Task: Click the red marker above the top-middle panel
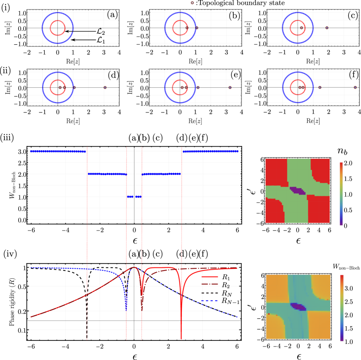click(192, 3)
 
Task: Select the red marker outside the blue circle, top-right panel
click(327, 28)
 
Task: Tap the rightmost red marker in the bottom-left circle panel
click(105, 87)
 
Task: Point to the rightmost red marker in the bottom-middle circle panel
click(230, 87)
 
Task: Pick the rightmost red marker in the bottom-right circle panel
click(355, 87)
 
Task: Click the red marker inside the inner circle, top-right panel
click(301, 28)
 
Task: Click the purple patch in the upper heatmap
click(298, 190)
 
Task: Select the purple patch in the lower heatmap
click(298, 306)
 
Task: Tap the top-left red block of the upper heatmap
click(276, 172)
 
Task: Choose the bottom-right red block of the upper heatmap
click(318, 209)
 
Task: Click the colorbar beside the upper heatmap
click(341, 194)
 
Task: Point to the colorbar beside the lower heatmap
click(342, 307)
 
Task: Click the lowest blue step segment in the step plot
click(134, 197)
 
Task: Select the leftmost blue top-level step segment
click(58, 151)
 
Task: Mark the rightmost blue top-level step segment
click(210, 151)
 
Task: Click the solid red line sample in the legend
click(209, 277)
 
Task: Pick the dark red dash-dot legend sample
click(209, 284)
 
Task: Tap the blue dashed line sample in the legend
click(209, 301)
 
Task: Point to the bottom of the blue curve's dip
click(126, 309)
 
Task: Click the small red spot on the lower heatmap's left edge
click(269, 314)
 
